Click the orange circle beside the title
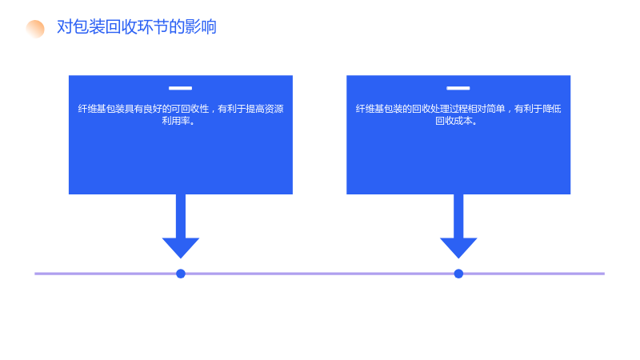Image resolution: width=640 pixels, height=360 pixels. [x=35, y=29]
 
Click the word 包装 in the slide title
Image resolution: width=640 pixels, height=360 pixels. [x=89, y=27]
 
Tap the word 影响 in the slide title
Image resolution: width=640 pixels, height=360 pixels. [x=201, y=27]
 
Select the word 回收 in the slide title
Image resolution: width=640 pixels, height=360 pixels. [x=121, y=27]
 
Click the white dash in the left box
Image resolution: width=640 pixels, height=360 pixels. [x=181, y=88]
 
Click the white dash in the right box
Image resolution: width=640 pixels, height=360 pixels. [x=458, y=88]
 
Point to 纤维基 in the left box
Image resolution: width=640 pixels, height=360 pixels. [x=92, y=109]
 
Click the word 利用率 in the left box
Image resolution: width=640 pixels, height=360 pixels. [x=176, y=121]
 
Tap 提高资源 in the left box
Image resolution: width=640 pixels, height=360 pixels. [x=265, y=109]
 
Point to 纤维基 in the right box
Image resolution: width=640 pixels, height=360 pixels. [x=370, y=109]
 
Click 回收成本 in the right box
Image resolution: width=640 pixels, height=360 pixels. [x=454, y=121]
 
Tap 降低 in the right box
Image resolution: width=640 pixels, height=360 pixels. [x=552, y=109]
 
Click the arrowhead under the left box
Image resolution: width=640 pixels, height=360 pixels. [x=181, y=248]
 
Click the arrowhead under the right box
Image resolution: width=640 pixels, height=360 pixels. [x=458, y=248]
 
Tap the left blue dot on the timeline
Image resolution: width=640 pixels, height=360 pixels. [x=181, y=274]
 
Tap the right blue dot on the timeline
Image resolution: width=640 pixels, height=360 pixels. [x=458, y=274]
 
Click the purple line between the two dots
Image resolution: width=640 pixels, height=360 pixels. [x=319, y=274]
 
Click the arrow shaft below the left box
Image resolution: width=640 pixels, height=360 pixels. [x=181, y=216]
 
